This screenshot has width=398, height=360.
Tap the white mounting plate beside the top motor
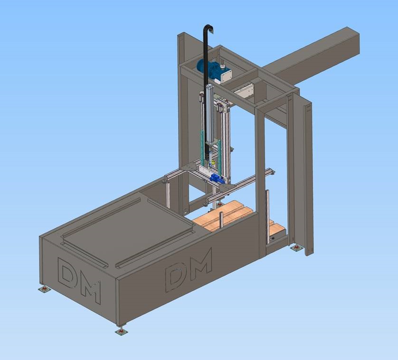coord(226,75)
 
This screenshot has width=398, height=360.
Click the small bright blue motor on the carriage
coord(217,179)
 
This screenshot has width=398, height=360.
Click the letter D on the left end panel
coord(67,273)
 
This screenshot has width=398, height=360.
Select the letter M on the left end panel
coord(91,292)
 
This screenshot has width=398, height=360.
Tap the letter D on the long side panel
coord(175,277)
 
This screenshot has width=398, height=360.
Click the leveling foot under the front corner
coord(121,331)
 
